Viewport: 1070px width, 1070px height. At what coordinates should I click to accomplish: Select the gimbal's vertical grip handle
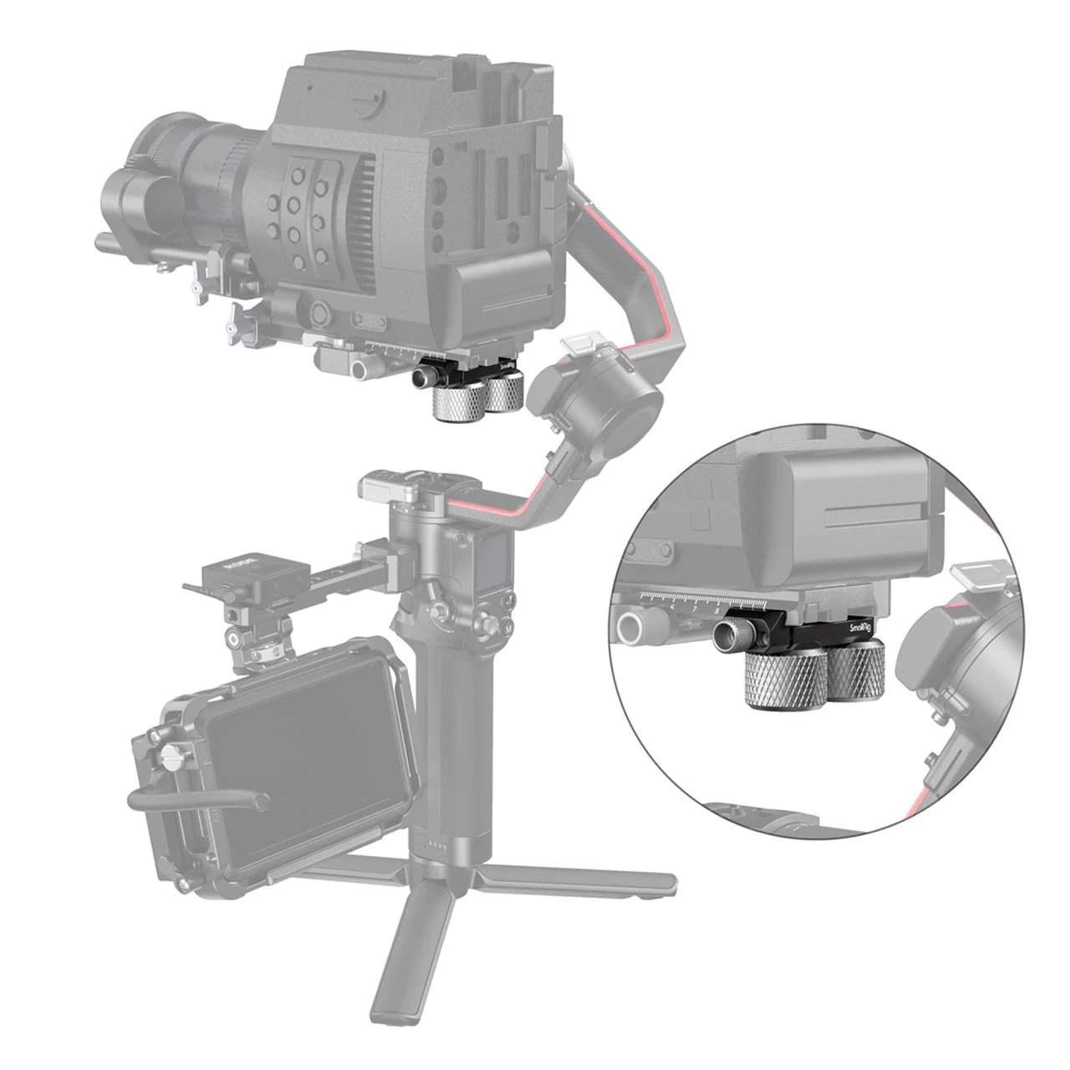pyautogui.click(x=456, y=736)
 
